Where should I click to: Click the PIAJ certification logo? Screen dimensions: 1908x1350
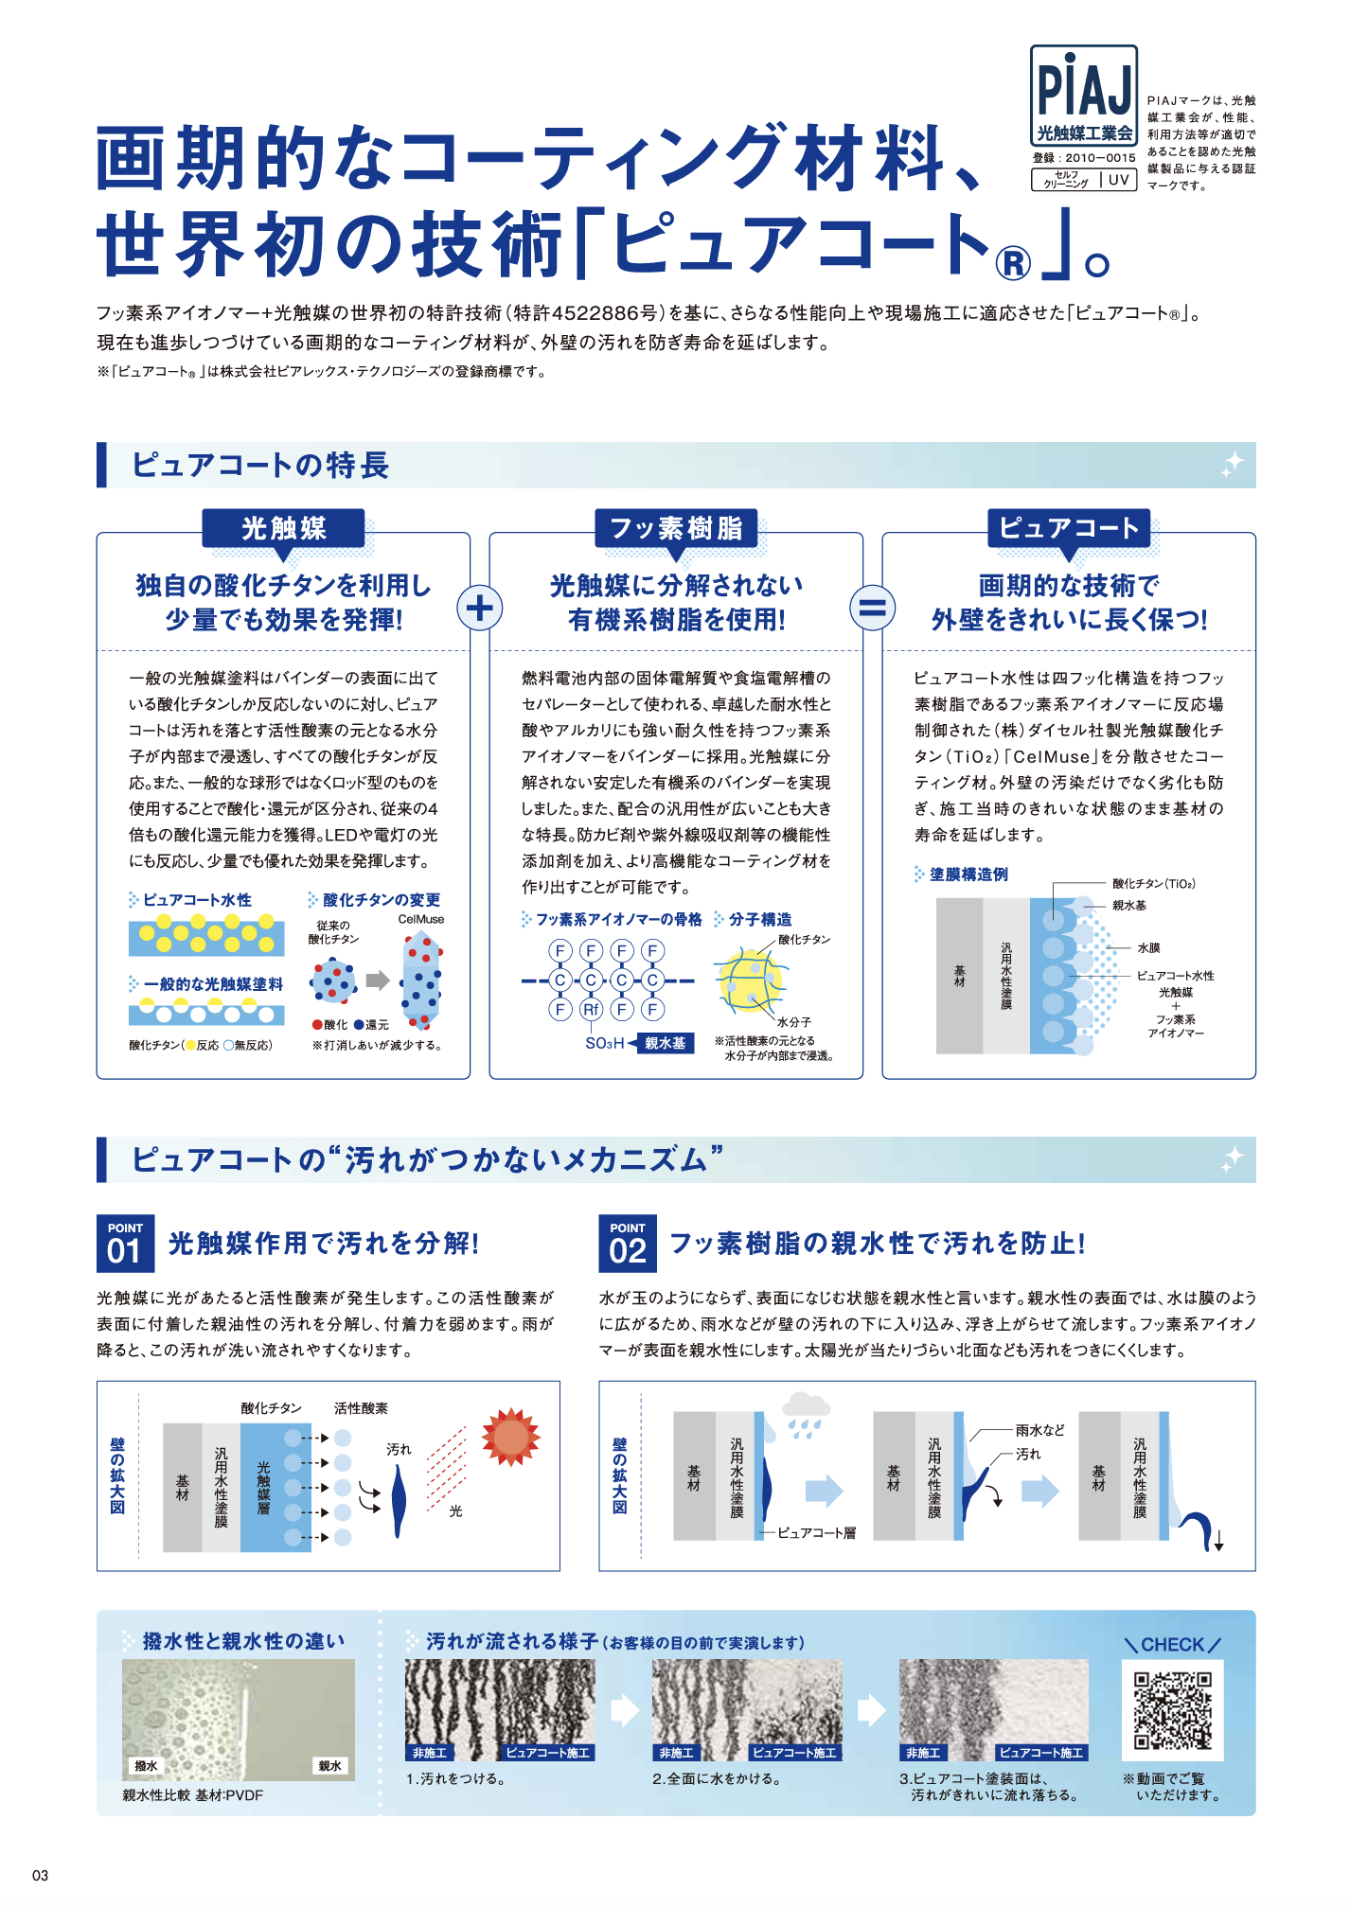1083,96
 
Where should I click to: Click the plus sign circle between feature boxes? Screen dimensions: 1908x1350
480,608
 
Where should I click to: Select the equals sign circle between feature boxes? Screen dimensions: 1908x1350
872,608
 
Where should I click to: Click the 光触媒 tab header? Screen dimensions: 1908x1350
283,528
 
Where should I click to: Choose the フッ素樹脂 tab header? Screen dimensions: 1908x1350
676,528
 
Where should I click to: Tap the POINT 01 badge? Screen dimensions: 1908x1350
125,1244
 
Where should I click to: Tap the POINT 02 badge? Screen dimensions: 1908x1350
628,1244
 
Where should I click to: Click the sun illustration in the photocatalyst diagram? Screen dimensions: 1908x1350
510,1437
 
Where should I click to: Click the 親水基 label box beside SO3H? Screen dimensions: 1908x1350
665,1043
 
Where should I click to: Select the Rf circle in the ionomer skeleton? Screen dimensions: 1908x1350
592,1010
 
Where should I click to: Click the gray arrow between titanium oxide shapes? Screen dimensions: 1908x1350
378,980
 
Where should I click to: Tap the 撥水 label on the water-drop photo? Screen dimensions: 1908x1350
147,1766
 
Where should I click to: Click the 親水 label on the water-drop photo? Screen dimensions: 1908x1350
329,1766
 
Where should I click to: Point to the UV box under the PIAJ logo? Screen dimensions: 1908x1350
1119,180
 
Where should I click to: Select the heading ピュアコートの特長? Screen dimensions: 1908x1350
260,466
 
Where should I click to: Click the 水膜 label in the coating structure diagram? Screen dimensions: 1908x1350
1148,947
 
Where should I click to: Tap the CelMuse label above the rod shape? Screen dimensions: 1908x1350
420,919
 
